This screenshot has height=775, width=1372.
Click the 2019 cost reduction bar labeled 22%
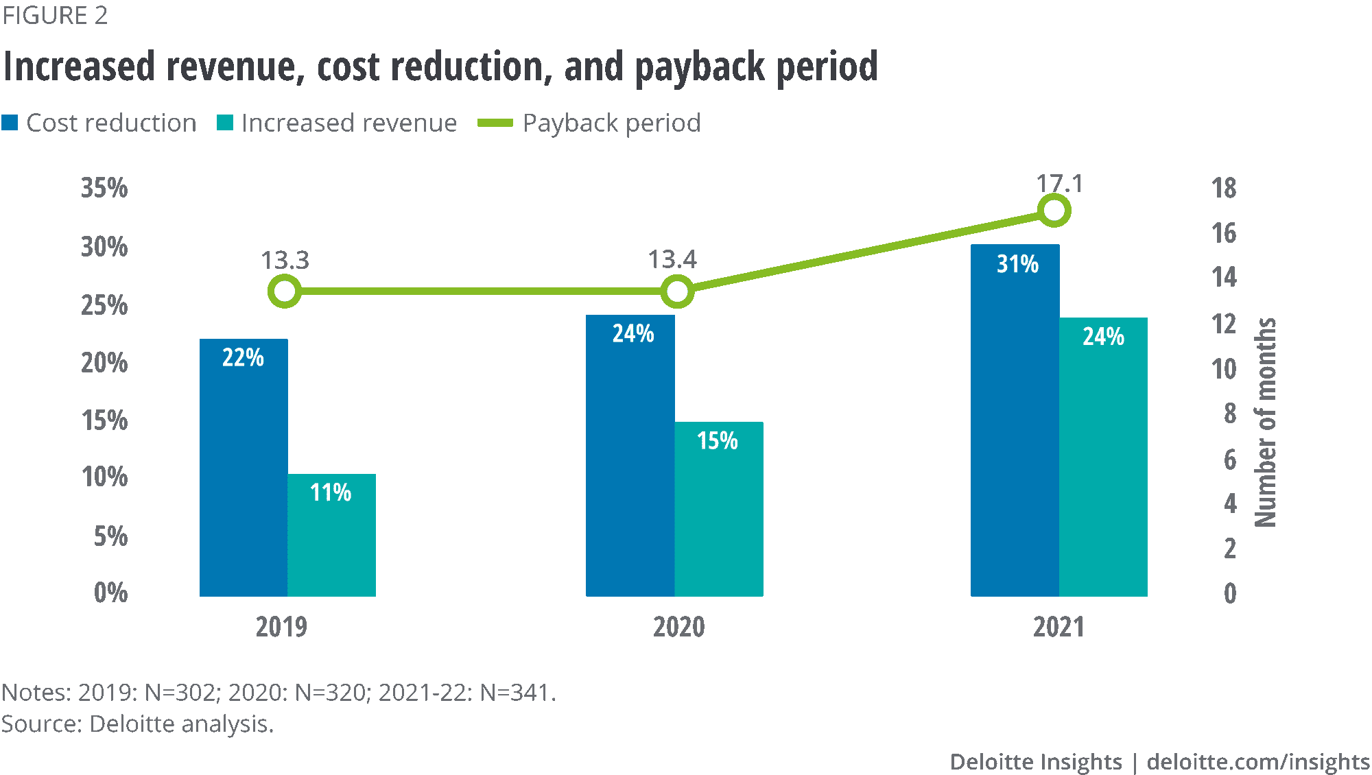coord(244,466)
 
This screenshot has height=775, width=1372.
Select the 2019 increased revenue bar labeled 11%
coord(331,535)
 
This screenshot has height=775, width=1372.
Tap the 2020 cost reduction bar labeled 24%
coord(630,456)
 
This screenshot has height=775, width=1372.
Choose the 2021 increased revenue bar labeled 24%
coord(1103,457)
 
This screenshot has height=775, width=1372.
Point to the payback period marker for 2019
coord(285,291)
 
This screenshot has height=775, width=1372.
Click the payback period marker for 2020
coord(677,291)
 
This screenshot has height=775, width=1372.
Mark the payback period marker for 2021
coord(1054,210)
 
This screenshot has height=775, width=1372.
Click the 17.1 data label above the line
coord(1060,184)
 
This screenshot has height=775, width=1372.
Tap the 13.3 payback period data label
coord(285,260)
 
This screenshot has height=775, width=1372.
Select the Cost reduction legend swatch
coord(10,123)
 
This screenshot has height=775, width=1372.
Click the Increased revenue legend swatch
coord(225,123)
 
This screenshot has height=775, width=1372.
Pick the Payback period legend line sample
coord(495,123)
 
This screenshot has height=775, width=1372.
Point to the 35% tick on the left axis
coord(104,188)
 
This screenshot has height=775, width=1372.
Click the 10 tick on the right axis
coord(1225,370)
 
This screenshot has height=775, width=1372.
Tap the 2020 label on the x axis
coord(678,627)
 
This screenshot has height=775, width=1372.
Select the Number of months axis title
coord(1266,422)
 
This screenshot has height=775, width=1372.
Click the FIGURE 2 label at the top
coord(55,15)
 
